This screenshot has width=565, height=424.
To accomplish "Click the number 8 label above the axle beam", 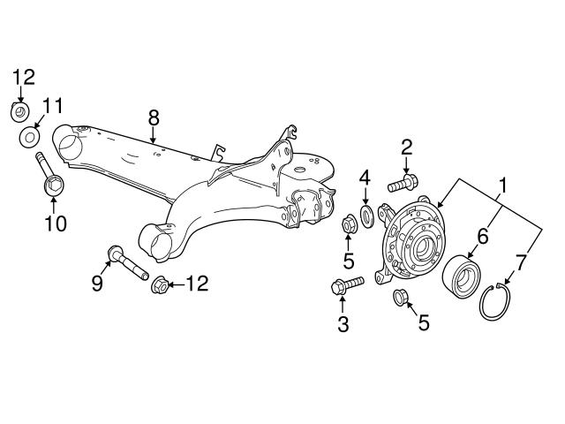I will click(154, 117).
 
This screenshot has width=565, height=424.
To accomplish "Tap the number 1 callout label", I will click(504, 186).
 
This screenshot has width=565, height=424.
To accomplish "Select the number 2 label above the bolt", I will click(407, 146).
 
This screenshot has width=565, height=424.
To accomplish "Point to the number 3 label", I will click(344, 324).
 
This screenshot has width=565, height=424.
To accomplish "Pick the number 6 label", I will click(482, 235).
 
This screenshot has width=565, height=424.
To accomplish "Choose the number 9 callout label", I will click(97, 283).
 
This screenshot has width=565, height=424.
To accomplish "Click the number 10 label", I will click(55, 224).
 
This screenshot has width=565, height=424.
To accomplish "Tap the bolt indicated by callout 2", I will click(401, 185).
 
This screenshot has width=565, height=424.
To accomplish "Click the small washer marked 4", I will click(366, 216).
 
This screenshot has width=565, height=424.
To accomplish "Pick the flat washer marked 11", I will click(30, 137).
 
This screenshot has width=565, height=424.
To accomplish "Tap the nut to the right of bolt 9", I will click(161, 284).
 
